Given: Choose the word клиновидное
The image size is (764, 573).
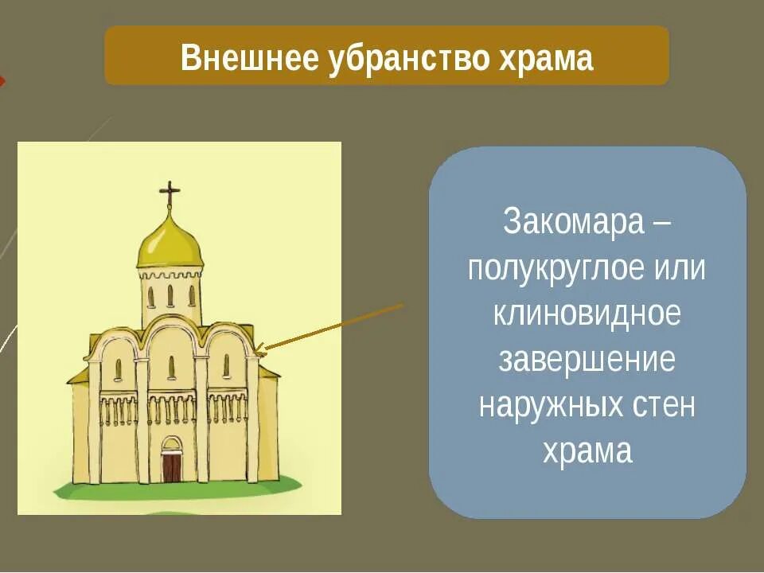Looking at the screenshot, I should pyautogui.click(x=587, y=314).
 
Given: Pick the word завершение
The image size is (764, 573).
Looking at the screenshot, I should pyautogui.click(x=587, y=360).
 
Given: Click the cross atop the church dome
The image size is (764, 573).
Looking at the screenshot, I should pyautogui.click(x=170, y=193).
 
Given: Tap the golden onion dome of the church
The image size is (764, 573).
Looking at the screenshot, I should pyautogui.click(x=170, y=243).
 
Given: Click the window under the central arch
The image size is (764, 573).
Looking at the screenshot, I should pyautogui.click(x=171, y=367).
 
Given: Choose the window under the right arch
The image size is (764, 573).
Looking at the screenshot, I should pyautogui.click(x=225, y=366).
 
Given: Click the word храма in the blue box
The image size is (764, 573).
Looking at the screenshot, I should pyautogui.click(x=587, y=452).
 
